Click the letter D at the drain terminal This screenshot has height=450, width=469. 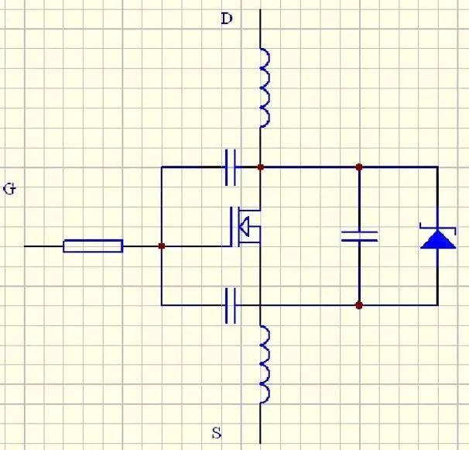pyautogui.click(x=227, y=19)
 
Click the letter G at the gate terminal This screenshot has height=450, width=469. pyautogui.click(x=9, y=189)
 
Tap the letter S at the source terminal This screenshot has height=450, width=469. pyautogui.click(x=217, y=433)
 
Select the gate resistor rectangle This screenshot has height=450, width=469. pyautogui.click(x=93, y=246)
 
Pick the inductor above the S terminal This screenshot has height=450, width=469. pyautogui.click(x=265, y=364)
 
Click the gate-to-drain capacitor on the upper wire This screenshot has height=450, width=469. pyautogui.click(x=231, y=167)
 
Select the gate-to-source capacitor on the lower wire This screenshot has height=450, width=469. pyautogui.click(x=231, y=306)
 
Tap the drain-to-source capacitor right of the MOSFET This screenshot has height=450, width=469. pyautogui.click(x=360, y=236)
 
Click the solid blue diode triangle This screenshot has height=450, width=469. pyautogui.click(x=438, y=239)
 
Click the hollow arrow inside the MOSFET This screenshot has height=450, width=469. pyautogui.click(x=245, y=227)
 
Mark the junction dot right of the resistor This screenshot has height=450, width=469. pyautogui.click(x=162, y=246)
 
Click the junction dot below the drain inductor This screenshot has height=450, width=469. pyautogui.click(x=261, y=167)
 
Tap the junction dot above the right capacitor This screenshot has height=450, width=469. pyautogui.click(x=359, y=167)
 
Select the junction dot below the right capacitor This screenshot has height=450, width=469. pyautogui.click(x=359, y=305)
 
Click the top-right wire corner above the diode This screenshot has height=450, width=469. pyautogui.click(x=438, y=167)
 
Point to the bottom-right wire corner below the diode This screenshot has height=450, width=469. pyautogui.click(x=438, y=305)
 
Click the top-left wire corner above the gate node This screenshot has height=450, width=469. pyautogui.click(x=162, y=167)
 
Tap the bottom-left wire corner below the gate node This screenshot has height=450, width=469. pyautogui.click(x=162, y=305)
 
